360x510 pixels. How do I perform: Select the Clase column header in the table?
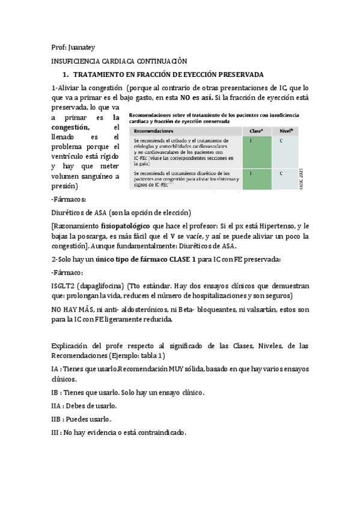pyautogui.click(x=255, y=130)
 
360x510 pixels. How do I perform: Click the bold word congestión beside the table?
pyautogui.click(x=72, y=127)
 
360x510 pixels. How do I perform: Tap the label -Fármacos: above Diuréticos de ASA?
pyautogui.click(x=69, y=199)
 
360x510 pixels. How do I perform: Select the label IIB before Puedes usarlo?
pyautogui.click(x=58, y=419)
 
